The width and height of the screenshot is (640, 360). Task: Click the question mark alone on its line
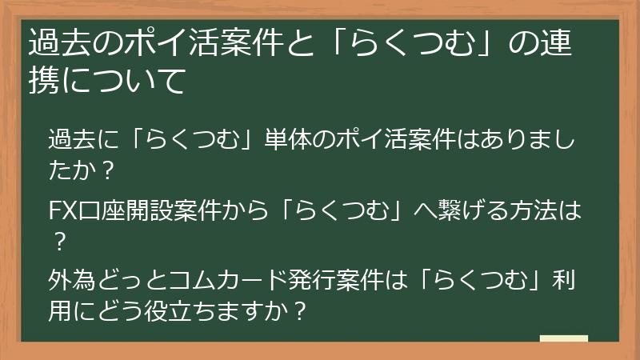point(58,239)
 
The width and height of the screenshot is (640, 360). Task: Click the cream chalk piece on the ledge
point(563,339)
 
